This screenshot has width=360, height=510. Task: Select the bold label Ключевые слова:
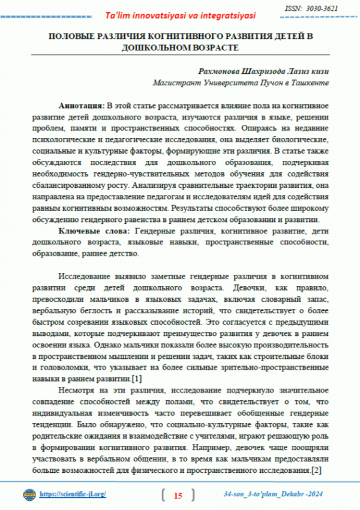96,232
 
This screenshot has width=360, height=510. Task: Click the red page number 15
178,496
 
